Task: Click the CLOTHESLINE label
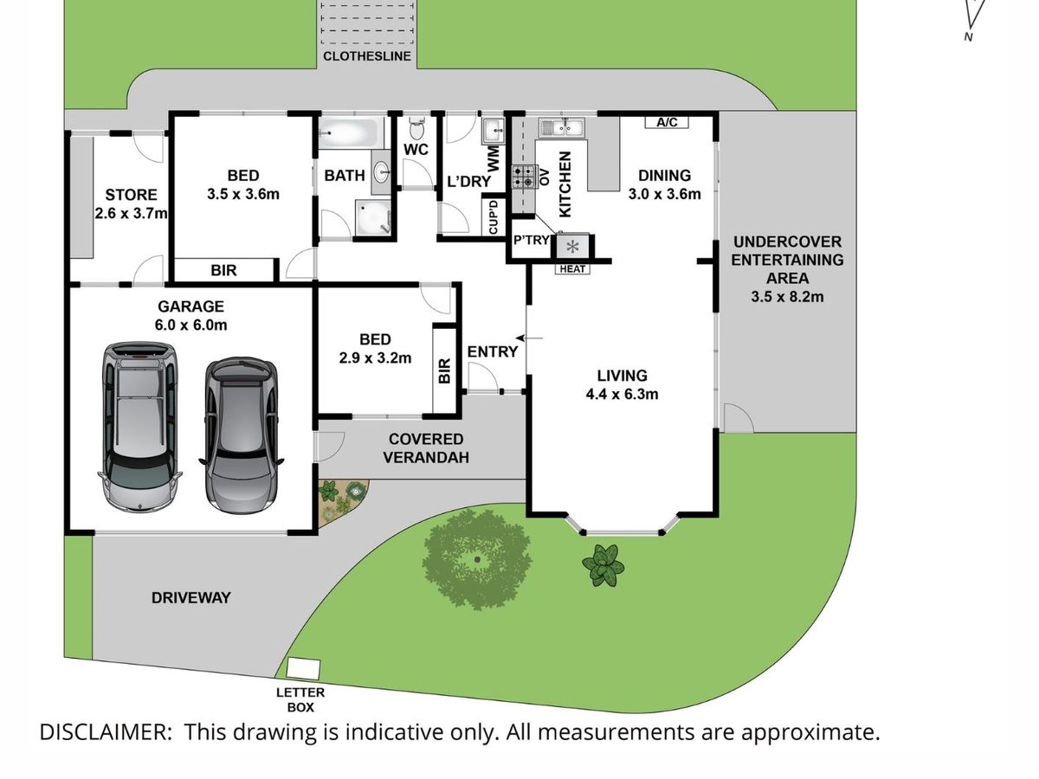pyautogui.click(x=367, y=56)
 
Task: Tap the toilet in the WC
pyautogui.click(x=416, y=127)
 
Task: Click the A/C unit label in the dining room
pyautogui.click(x=667, y=123)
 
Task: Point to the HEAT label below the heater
pyautogui.click(x=572, y=269)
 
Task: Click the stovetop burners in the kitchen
pyautogui.click(x=524, y=177)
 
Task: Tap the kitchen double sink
pyautogui.click(x=562, y=128)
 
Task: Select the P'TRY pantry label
pyautogui.click(x=531, y=241)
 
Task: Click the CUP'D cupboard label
pyautogui.click(x=493, y=216)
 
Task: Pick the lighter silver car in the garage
pyautogui.click(x=139, y=427)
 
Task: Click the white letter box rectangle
pyautogui.click(x=303, y=668)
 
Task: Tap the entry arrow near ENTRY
pyautogui.click(x=529, y=338)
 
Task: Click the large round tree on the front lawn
pyautogui.click(x=477, y=559)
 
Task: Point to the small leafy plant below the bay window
pyautogui.click(x=603, y=565)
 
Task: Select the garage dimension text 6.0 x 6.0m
pyautogui.click(x=190, y=325)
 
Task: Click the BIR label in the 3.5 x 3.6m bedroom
pyautogui.click(x=223, y=271)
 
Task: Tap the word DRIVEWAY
pyautogui.click(x=191, y=598)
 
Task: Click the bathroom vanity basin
pyautogui.click(x=382, y=172)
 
